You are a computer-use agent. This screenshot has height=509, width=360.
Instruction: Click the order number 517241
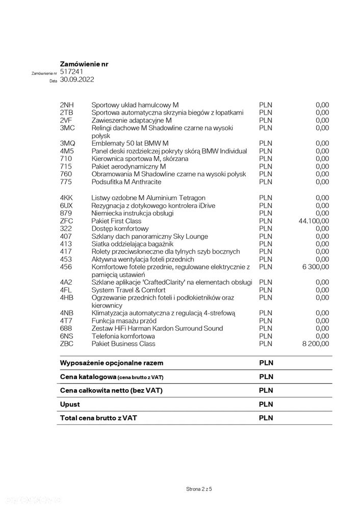[x=71, y=72]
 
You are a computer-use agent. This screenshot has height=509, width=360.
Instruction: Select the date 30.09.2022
[x=77, y=80]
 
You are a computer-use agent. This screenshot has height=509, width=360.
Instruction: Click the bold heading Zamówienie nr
[x=84, y=64]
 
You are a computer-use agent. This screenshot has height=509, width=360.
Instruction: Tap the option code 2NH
[x=67, y=105]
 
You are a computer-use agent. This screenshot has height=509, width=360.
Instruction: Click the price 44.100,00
[x=314, y=221]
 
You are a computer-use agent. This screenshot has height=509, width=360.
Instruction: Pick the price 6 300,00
[x=316, y=267]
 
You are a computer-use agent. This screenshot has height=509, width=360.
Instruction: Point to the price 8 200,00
[x=316, y=344]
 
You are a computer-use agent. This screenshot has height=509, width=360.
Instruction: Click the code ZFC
[x=67, y=221]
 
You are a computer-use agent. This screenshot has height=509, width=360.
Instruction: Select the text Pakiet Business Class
[x=124, y=344]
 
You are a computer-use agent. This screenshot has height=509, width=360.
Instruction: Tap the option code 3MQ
[x=67, y=144]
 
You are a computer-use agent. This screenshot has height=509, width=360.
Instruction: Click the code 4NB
[x=67, y=313]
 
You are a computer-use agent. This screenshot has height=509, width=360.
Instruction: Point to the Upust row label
[x=70, y=404]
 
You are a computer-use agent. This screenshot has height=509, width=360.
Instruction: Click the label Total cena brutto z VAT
[x=99, y=418]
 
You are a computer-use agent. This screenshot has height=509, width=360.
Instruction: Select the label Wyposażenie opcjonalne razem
[x=112, y=363]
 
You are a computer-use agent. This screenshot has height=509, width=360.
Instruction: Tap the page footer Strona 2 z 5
[x=199, y=489]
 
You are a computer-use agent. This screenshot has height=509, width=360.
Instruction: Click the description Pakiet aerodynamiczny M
[x=129, y=167]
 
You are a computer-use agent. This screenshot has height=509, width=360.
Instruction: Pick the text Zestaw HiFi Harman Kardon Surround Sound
[x=157, y=329]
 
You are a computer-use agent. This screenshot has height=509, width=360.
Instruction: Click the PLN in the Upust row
[x=266, y=404]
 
